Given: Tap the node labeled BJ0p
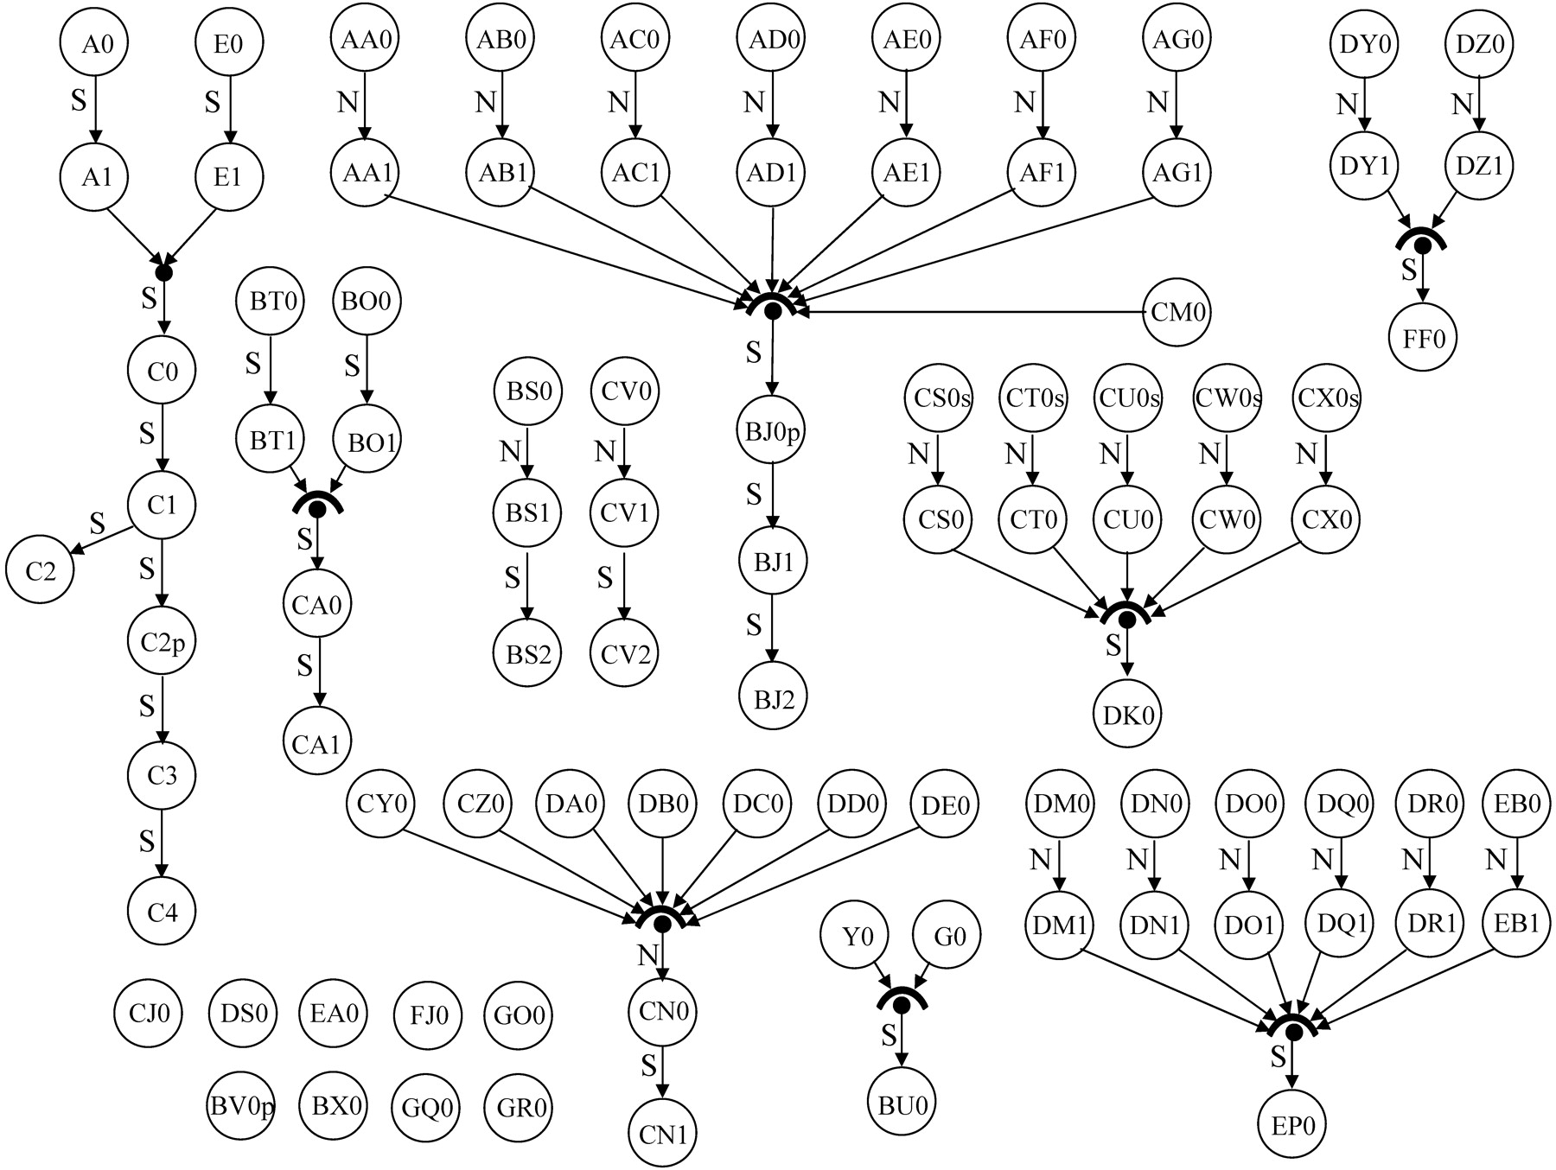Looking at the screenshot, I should [774, 429].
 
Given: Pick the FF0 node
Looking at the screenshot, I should [1423, 338].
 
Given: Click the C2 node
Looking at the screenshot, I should [41, 569].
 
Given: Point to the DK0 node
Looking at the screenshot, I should [1127, 715].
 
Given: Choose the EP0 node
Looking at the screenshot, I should [1293, 1126].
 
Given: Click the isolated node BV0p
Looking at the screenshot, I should [242, 1107].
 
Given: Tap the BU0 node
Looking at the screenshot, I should [902, 1105].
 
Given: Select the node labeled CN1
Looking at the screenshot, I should [662, 1134].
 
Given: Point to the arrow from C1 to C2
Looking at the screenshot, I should [99, 539].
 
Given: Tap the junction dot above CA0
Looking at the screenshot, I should [317, 510].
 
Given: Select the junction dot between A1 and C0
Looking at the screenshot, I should [163, 272].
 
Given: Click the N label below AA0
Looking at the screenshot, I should [347, 103].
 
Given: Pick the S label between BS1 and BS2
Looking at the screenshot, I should [512, 576].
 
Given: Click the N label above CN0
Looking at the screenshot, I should [647, 956].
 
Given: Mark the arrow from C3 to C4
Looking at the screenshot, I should [163, 843].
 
